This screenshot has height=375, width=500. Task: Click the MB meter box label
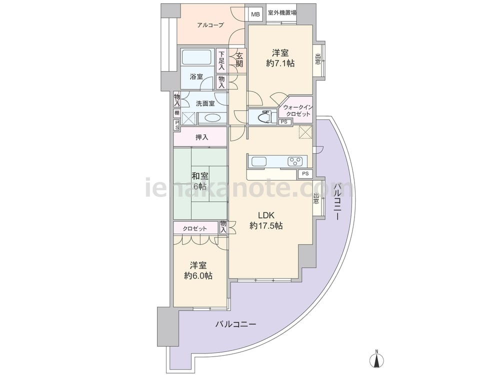pyautogui.click(x=255, y=14)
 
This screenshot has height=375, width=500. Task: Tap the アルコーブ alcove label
pyautogui.click(x=210, y=25)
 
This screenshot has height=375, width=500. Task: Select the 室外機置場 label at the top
pyautogui.click(x=281, y=13)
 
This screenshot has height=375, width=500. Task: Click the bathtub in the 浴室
pyautogui.click(x=196, y=57)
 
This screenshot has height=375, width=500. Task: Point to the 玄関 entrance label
pyautogui.click(x=239, y=59)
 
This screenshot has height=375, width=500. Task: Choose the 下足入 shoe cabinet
pyautogui.click(x=221, y=61)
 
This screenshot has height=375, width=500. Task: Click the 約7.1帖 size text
pyautogui.click(x=280, y=63)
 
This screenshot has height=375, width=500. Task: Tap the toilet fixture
pyautogui.click(x=264, y=116)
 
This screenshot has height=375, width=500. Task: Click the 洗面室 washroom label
pyautogui.click(x=205, y=103)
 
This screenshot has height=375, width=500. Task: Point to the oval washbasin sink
pyautogui.click(x=211, y=118)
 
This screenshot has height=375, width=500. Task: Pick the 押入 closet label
pyautogui.click(x=201, y=137)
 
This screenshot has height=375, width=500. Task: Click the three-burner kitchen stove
pyautogui.click(x=295, y=161)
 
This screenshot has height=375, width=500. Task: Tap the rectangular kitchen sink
pyautogui.click(x=258, y=161)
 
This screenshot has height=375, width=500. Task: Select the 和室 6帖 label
pyautogui.click(x=200, y=181)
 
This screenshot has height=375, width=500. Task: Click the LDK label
pyautogui.click(x=266, y=215)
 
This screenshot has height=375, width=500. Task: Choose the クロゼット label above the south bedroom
pyautogui.click(x=194, y=228)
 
